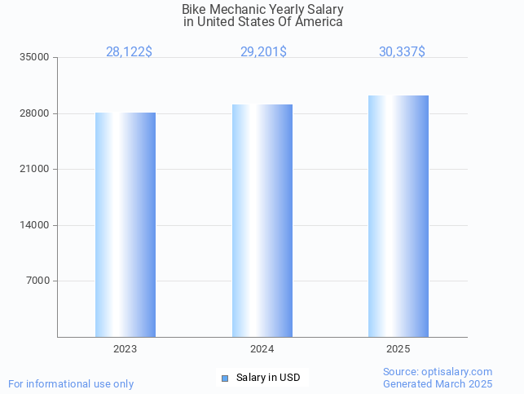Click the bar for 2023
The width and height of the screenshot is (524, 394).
pos(125,224)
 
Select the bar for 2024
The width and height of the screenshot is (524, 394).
pos(262,220)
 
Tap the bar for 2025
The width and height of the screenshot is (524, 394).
pos(399,216)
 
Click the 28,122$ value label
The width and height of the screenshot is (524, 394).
pos(129,52)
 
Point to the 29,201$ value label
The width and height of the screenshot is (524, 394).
pos(263,52)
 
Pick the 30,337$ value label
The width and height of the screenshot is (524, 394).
pos(402,52)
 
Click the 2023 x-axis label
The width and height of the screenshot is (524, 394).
pos(125,349)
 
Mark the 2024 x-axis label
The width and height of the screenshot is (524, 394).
pos(262,349)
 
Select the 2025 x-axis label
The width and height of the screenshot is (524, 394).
pos(399,349)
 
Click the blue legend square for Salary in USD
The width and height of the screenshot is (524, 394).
pos(225,378)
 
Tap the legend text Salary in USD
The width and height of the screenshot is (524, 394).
pos(268,378)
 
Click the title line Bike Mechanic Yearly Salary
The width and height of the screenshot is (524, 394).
pos(262,10)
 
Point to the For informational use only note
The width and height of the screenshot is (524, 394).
pos(71,384)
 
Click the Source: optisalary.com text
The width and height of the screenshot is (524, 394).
pos(438,372)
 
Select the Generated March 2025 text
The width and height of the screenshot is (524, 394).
pos(438,384)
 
